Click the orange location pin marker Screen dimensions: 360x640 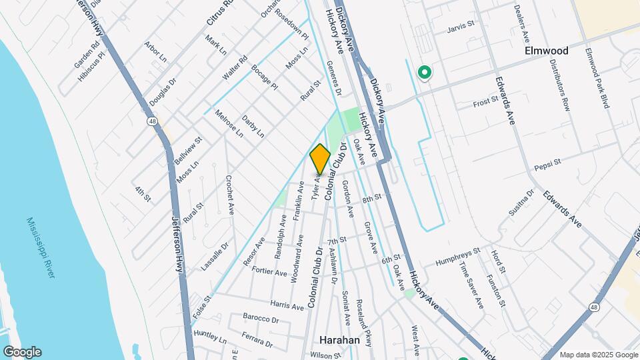[320, 159]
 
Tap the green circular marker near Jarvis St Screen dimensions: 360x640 [423, 73]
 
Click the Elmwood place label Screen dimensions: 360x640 [547, 51]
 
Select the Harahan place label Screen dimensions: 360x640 [335, 340]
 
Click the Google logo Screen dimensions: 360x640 [21, 351]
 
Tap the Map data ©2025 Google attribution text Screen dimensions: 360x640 [598, 355]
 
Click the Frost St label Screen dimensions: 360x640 [485, 102]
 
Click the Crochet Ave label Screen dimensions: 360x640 [230, 194]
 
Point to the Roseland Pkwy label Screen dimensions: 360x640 [364, 321]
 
